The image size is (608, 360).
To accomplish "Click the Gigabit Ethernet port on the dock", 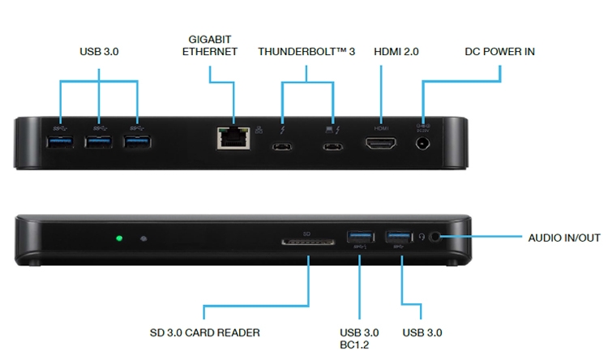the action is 233,138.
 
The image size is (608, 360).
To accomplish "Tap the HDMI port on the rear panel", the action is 381,144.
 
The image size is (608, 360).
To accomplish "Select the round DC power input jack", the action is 422,144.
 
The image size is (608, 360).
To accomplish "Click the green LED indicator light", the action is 119,238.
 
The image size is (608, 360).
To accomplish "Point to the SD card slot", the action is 308,242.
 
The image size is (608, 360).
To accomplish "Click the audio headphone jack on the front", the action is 435,237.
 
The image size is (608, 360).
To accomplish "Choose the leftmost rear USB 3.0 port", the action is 60,142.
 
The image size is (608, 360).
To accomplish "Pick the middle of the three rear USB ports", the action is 98,142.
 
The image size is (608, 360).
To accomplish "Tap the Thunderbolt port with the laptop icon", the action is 333,147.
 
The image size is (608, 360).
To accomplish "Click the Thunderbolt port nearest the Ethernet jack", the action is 282,147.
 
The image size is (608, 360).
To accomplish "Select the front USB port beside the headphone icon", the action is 399,236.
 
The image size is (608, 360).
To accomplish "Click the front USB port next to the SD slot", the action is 360,236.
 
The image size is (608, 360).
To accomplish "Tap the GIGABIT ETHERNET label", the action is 210,45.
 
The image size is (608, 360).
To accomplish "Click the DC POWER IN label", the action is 499,52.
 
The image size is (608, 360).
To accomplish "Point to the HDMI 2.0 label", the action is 396,52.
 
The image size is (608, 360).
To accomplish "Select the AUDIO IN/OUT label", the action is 564,238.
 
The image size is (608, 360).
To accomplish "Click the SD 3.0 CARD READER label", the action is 205,332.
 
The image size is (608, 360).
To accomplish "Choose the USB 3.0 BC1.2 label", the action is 359,339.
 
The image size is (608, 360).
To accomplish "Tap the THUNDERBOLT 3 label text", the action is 306,52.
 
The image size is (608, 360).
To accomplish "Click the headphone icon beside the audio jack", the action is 422,237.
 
